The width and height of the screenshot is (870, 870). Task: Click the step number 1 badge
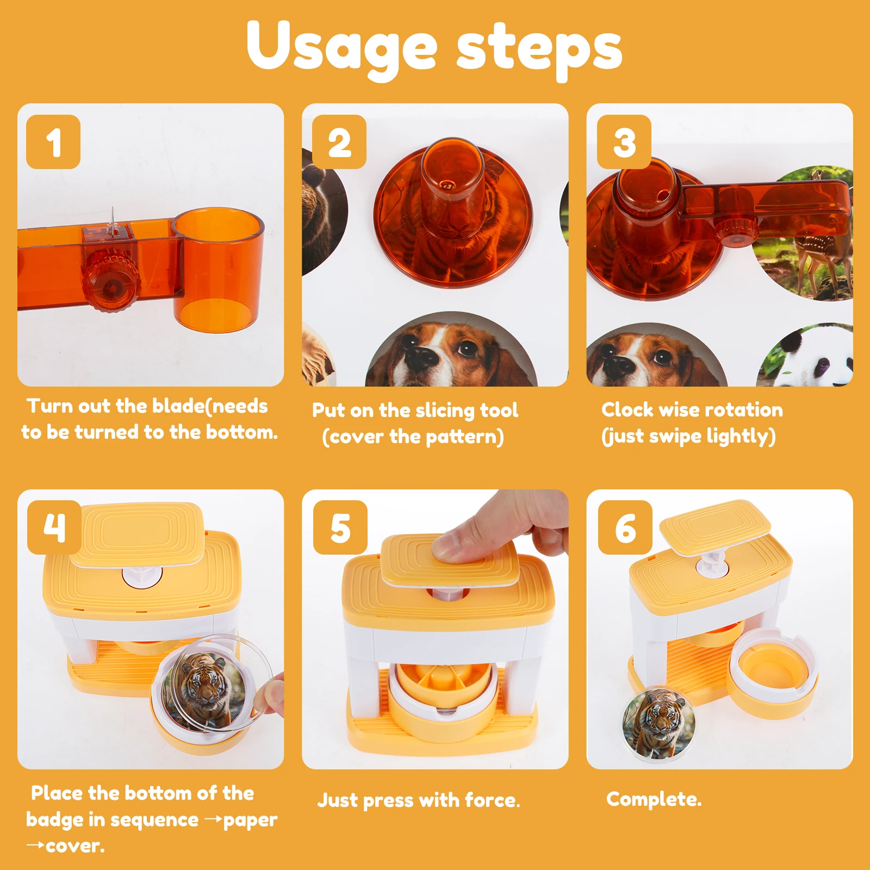(53, 142)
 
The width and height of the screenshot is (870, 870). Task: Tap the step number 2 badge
(339, 142)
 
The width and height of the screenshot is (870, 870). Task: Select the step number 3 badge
(624, 142)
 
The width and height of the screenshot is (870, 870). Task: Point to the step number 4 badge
(54, 527)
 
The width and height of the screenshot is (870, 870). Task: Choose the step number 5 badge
(340, 527)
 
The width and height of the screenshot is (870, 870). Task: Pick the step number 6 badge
(625, 527)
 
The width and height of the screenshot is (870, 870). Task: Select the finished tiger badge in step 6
(658, 725)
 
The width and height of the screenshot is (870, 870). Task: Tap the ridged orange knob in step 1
(111, 279)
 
